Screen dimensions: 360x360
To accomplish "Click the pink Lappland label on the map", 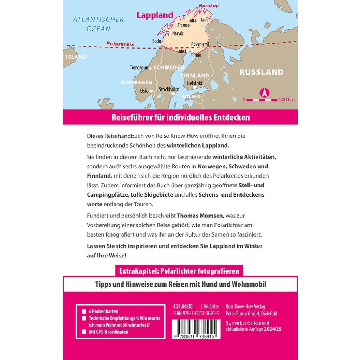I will [155, 15].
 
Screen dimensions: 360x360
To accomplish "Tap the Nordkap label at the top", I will [206, 6].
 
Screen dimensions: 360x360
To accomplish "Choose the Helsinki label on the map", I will [194, 83].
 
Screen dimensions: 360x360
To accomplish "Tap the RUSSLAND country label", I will [261, 72].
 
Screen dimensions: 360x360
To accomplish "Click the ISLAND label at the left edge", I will [76, 57].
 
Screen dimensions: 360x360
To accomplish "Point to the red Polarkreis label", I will [120, 44].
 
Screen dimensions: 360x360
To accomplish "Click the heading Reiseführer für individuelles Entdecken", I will [180, 117].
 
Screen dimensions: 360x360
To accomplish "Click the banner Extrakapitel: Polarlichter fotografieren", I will [179, 271].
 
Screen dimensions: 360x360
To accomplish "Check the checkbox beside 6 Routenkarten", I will [84, 311].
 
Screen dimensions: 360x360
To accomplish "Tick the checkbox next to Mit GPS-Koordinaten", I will [84, 332].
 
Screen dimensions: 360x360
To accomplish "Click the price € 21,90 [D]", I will [183, 306].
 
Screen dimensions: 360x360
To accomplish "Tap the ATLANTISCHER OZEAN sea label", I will [98, 24].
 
